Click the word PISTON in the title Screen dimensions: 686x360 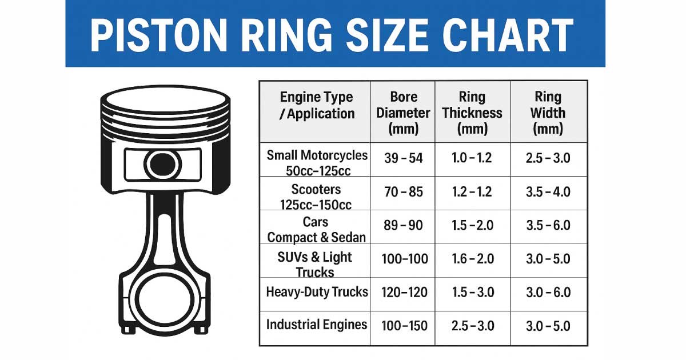click(159, 35)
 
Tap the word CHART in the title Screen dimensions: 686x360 click(508, 35)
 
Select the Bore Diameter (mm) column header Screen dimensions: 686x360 click(403, 113)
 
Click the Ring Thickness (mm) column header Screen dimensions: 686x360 click(472, 113)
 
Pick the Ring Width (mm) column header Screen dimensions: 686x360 click(548, 113)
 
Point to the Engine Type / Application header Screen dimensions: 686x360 click(317, 105)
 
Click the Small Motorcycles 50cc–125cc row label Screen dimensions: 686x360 click(317, 163)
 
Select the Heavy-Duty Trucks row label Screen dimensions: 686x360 click(317, 292)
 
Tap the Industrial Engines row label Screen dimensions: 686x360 click(317, 325)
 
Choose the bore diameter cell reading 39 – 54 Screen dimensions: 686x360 click(404, 158)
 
